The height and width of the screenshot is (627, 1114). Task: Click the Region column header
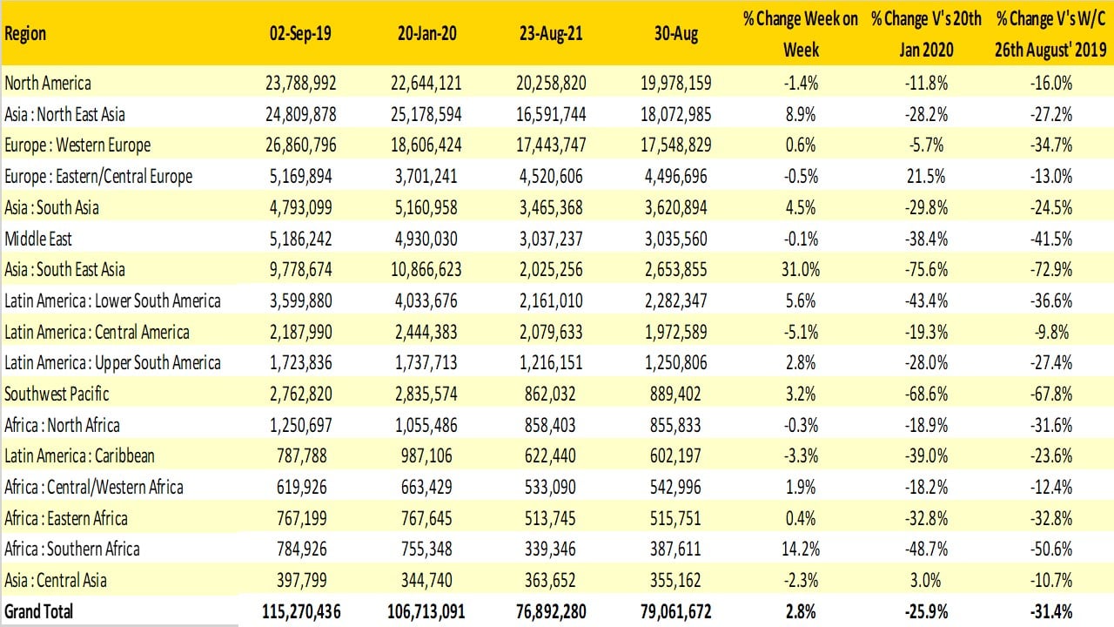(25, 34)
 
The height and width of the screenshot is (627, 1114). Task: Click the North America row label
(48, 84)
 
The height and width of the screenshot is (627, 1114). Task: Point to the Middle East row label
(38, 239)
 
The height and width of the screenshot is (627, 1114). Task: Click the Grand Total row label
(39, 611)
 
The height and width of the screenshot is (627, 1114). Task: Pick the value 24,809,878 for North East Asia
(300, 114)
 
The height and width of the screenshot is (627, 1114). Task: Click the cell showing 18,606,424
(426, 145)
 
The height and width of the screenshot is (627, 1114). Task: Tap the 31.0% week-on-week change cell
(801, 270)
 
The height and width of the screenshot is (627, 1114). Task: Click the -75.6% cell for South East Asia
(927, 270)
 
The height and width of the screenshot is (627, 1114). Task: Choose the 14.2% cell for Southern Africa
(801, 549)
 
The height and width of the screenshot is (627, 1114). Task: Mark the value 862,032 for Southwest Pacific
(558, 394)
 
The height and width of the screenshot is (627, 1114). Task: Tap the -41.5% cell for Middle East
(1051, 239)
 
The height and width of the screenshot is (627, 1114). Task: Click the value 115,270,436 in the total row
(300, 611)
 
